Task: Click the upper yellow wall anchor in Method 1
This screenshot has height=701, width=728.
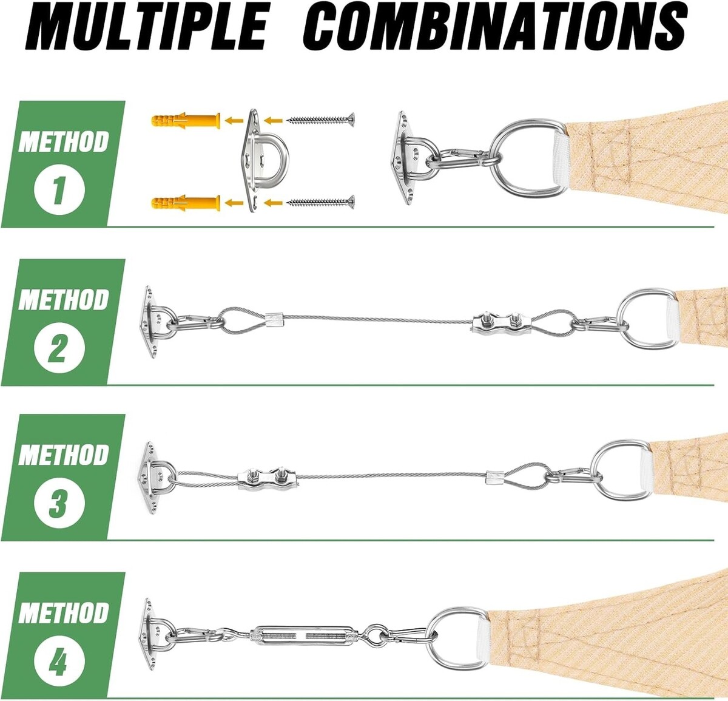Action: click(x=186, y=120)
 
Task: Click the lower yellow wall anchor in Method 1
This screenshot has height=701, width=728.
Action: click(x=186, y=203)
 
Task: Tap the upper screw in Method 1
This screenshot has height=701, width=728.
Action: click(x=320, y=120)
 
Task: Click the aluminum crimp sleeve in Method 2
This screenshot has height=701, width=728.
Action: click(x=274, y=319)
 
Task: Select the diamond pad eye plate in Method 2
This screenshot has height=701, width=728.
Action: click(x=152, y=322)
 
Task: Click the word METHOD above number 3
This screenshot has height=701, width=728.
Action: click(x=63, y=455)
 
